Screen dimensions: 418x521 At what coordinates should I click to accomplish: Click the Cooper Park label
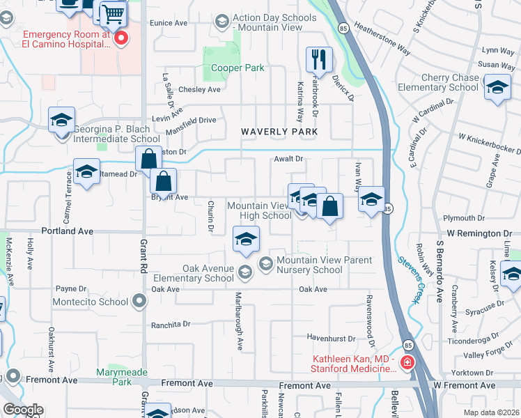point(238,68)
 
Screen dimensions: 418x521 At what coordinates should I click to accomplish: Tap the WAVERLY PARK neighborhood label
point(279,132)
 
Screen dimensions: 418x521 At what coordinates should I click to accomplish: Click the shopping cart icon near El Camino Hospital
point(112,14)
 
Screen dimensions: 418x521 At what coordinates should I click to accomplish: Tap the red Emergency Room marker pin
point(121,39)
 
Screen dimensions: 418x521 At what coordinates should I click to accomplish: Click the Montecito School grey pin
point(139,302)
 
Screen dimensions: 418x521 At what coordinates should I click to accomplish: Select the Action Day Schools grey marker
point(222,22)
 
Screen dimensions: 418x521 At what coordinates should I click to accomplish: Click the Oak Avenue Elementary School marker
point(244,271)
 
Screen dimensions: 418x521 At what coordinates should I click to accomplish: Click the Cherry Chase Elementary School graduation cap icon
point(497,89)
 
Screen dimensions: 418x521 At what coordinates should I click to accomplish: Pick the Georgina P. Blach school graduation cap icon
point(61,120)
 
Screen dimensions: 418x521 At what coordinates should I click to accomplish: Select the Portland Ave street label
point(68,231)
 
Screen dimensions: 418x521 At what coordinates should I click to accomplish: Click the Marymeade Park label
point(122,377)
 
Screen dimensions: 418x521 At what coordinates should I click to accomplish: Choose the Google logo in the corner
point(22,410)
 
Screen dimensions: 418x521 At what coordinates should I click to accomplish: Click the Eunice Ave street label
point(169,23)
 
